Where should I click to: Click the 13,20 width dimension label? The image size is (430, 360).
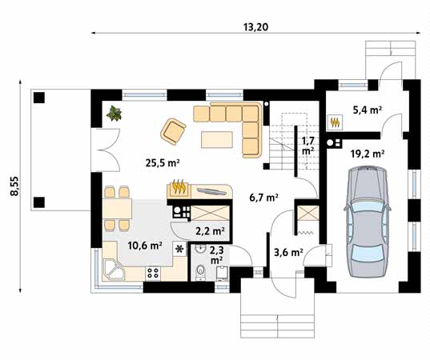coord(255,27)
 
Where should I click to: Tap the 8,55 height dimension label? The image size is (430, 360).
coord(14,186)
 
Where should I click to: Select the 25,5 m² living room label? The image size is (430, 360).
coord(163,163)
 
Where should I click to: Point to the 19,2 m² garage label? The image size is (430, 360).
coord(368,154)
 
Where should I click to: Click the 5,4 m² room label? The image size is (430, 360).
coord(368,110)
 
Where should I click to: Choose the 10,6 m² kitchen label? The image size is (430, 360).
coord(144,246)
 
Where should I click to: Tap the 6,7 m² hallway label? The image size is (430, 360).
coord(264,198)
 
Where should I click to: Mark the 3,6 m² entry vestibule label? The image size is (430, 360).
coord(288,252)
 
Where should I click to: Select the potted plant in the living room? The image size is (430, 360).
coord(115,114)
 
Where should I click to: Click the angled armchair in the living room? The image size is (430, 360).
coord(173,131)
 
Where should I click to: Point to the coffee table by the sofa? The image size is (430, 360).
coord(217,139)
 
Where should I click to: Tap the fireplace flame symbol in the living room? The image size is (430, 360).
coord(179,187)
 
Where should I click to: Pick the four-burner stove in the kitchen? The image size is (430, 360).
coord(153,273)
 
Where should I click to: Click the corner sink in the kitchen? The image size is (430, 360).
coord(113,270)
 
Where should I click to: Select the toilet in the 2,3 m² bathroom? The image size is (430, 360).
coord(201,271)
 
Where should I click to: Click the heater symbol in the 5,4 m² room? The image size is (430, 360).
coord(336,122)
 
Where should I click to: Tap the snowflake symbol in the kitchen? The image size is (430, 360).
coord(179,249)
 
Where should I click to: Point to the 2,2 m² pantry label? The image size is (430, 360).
coord(210,232)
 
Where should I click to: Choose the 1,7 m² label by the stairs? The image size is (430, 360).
coord(307,146)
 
